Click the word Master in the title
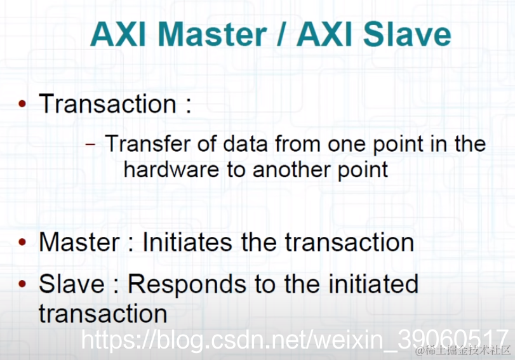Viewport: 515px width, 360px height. (212, 34)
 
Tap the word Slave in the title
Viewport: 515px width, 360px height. (407, 34)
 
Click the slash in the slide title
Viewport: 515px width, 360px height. (281, 34)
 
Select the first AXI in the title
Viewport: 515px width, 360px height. (118, 34)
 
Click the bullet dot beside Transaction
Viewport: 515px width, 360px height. (22, 104)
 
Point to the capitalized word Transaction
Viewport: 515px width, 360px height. (108, 103)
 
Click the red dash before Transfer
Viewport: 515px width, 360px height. (90, 144)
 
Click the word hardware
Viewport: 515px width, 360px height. (171, 170)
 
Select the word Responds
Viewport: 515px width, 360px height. (187, 284)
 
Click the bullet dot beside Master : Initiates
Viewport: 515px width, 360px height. (22, 243)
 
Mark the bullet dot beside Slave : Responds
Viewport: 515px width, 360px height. (22, 284)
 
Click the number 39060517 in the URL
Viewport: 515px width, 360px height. (453, 339)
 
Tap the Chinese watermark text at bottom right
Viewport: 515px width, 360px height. (463, 351)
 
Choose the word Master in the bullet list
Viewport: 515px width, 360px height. (79, 243)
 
